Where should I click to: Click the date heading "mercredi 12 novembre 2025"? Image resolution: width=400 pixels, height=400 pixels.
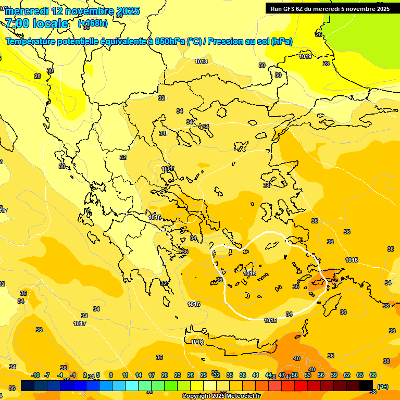(72, 11)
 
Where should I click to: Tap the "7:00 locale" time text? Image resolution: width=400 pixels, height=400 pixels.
(36, 23)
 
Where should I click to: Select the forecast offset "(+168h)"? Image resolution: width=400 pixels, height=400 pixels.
(93, 23)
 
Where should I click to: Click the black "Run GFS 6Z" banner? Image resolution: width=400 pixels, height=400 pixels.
(330, 8)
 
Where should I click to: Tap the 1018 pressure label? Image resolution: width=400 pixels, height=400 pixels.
(201, 61)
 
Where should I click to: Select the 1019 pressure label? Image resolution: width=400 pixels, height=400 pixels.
(306, 56)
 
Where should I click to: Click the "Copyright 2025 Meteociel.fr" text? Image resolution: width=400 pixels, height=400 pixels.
(221, 396)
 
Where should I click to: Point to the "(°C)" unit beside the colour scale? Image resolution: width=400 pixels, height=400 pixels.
(383, 387)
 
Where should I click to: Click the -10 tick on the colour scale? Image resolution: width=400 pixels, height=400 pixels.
(35, 375)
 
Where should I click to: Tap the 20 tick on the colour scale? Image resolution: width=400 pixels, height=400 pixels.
(165, 375)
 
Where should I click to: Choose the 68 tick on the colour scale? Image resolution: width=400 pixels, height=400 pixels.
(373, 375)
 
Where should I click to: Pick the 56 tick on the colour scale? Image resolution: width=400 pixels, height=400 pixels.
(321, 375)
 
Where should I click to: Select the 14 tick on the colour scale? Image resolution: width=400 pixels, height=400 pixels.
(139, 375)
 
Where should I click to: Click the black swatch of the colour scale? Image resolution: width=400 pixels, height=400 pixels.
(366, 386)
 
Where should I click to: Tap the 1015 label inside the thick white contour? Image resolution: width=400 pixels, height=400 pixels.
(249, 273)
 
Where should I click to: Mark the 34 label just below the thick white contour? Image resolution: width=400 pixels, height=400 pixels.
(289, 314)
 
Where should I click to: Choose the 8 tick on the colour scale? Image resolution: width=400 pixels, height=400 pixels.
(111, 375)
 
